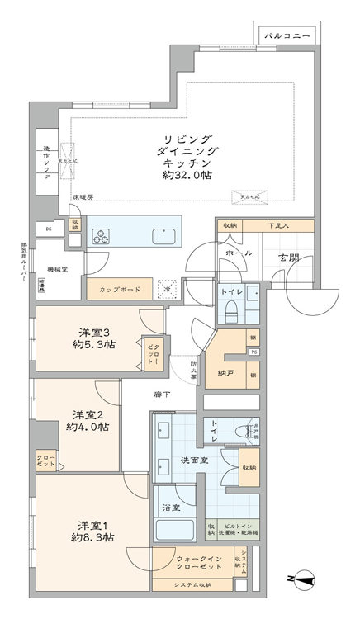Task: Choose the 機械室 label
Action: (57, 268)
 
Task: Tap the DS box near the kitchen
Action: (49, 229)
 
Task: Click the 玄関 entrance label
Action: (287, 258)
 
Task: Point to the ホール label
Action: (239, 253)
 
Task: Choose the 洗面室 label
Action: (194, 460)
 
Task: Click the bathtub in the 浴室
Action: (173, 529)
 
